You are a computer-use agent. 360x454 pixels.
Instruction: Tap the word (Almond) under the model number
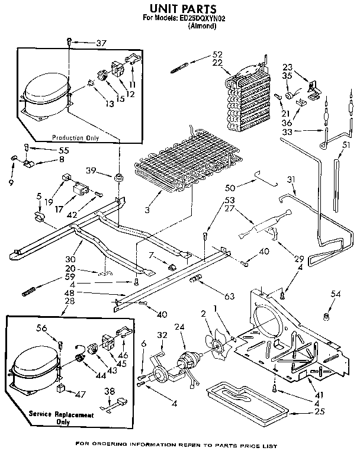[x=201, y=27]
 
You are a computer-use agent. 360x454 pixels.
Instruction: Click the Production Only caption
[x=75, y=138]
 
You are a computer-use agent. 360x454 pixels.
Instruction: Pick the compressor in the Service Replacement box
[x=36, y=371]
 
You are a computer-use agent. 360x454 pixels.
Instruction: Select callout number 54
[x=336, y=294]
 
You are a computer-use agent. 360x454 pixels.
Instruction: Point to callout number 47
[x=80, y=392]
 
